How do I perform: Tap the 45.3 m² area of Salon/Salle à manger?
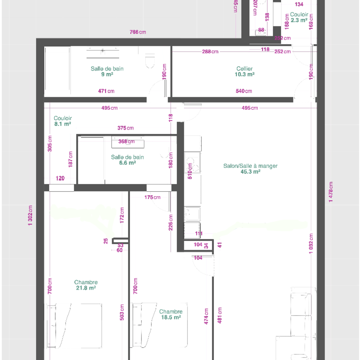(x=250, y=172)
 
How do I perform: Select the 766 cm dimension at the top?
(x=138, y=32)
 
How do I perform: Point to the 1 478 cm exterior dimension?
(x=331, y=192)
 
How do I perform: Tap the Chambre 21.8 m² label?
(x=86, y=285)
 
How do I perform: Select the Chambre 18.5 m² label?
(x=171, y=314)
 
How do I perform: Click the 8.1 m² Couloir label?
(x=62, y=121)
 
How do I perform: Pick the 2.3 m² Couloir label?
(x=299, y=17)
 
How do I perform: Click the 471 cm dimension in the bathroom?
(x=106, y=91)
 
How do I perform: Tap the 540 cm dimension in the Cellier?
(x=244, y=91)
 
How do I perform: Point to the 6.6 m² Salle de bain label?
(x=127, y=160)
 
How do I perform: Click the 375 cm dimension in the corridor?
(x=125, y=128)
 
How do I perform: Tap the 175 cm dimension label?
(x=152, y=197)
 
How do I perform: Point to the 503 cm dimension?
(x=122, y=312)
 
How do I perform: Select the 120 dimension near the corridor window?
(x=60, y=178)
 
